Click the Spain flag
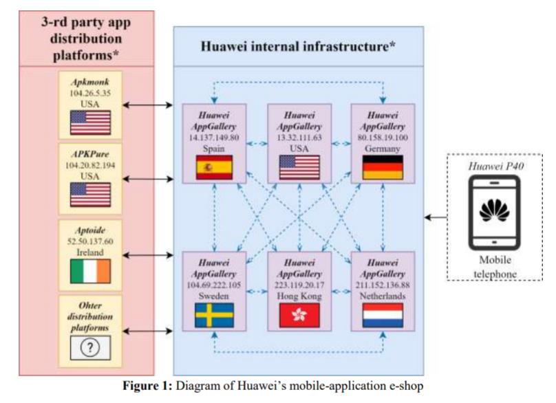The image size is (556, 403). (x=215, y=167)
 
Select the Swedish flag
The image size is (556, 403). (x=215, y=315)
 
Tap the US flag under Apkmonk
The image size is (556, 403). (x=90, y=122)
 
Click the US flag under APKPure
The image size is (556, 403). (x=90, y=196)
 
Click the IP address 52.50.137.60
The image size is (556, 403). (x=90, y=241)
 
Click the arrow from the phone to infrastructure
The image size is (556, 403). (x=434, y=217)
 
